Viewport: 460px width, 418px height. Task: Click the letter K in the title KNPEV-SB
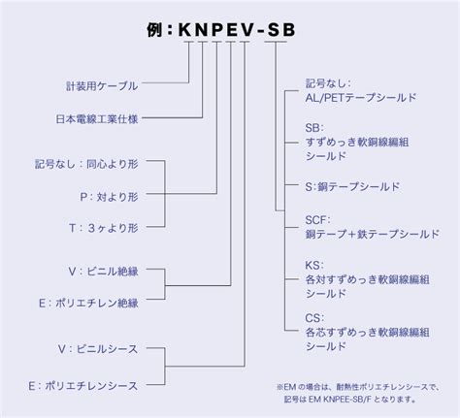pos(185,30)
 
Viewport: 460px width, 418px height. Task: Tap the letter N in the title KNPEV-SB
pos(202,30)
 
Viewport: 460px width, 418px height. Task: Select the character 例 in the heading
pos(154,30)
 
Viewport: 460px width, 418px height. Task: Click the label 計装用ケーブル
pos(102,86)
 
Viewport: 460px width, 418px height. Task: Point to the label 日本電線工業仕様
pos(97,119)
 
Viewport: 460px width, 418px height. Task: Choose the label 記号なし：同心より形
pos(86,164)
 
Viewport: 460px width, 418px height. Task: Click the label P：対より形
pos(110,197)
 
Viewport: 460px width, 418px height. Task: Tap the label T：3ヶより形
pos(104,228)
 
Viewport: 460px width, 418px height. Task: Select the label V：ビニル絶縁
pos(104,272)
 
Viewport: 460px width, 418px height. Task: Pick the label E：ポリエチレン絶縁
pos(88,303)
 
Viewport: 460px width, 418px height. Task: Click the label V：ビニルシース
pos(98,349)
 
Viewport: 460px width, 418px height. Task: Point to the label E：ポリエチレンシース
pos(83,386)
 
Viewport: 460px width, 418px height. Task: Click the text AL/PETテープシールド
pos(361,97)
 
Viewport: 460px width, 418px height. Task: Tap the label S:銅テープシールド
pos(352,186)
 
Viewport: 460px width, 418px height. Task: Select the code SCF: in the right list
pos(318,220)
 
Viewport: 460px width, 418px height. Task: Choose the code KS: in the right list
pos(314,266)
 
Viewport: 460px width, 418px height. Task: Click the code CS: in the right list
pos(314,318)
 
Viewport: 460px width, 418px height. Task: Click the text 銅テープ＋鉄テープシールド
pos(373,234)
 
